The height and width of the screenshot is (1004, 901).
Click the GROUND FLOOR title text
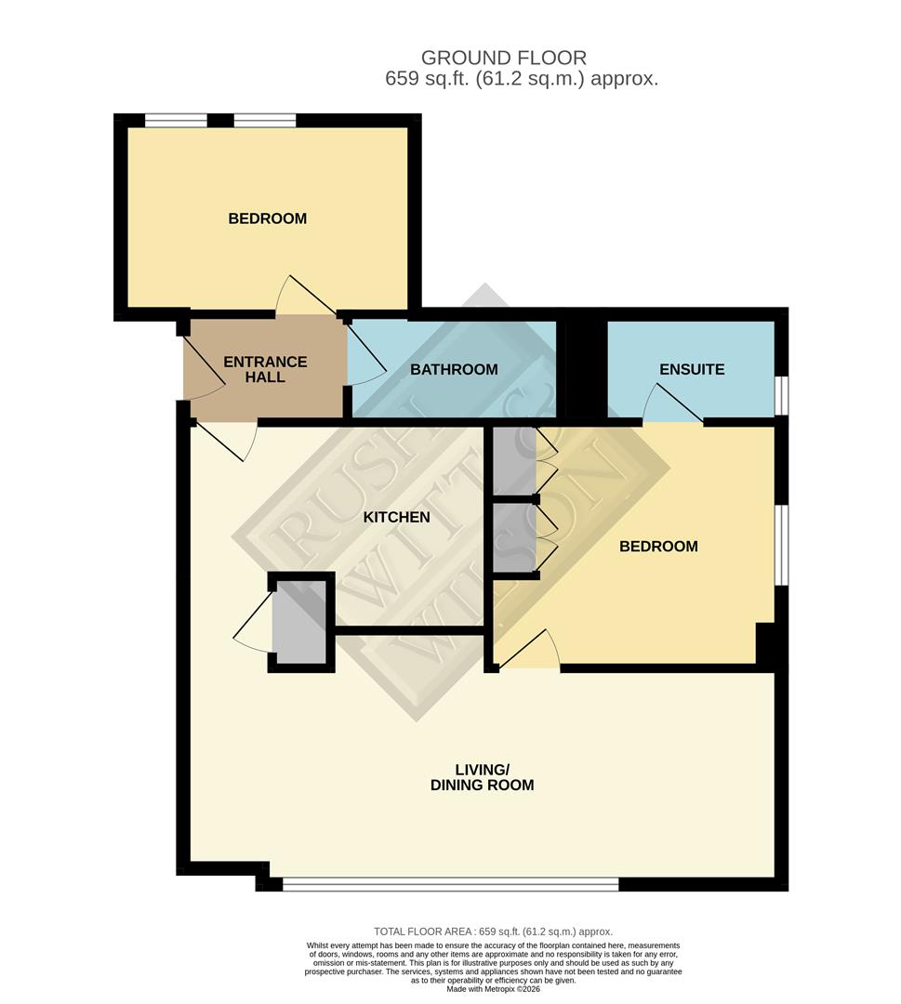pyautogui.click(x=504, y=59)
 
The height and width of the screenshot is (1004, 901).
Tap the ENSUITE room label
pyautogui.click(x=691, y=369)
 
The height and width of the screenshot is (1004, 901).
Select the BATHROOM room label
pyautogui.click(x=454, y=369)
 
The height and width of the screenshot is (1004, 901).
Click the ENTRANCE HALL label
pyautogui.click(x=265, y=369)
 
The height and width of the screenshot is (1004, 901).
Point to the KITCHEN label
pyautogui.click(x=396, y=517)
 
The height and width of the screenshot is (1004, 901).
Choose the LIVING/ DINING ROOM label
pyautogui.click(x=482, y=777)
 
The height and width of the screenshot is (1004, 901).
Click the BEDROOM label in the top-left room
pyautogui.click(x=268, y=218)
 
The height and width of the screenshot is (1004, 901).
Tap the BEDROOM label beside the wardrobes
pyautogui.click(x=658, y=546)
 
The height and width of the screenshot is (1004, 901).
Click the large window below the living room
pyautogui.click(x=450, y=884)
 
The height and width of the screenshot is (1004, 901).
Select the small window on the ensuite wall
pyautogui.click(x=782, y=394)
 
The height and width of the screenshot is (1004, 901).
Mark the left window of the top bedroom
pyautogui.click(x=176, y=120)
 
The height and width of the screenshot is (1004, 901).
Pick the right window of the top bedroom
pyautogui.click(x=264, y=120)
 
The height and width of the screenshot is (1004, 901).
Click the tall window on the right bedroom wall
pyautogui.click(x=782, y=546)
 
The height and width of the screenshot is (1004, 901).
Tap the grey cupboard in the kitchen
pyautogui.click(x=300, y=622)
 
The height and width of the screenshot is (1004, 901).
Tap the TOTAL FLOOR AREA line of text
pyautogui.click(x=493, y=931)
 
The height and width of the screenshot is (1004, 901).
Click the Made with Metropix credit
pyautogui.click(x=493, y=989)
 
